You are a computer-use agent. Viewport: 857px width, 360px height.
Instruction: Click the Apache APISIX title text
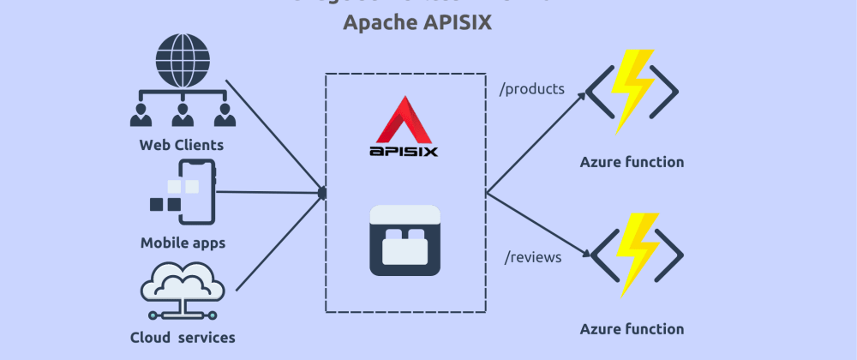417,22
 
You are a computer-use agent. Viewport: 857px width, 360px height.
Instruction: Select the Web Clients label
182,145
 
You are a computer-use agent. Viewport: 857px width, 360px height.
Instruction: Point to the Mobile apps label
183,243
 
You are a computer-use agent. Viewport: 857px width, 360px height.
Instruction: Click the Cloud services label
182,337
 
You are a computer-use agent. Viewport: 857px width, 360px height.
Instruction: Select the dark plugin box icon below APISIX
405,241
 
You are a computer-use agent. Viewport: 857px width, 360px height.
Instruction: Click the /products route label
531,87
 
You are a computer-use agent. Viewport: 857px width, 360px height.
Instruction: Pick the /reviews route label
532,255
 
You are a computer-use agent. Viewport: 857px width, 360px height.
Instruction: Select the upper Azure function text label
632,162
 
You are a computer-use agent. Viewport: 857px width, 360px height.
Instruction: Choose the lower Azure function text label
632,328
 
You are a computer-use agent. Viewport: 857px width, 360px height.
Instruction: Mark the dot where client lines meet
322,193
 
